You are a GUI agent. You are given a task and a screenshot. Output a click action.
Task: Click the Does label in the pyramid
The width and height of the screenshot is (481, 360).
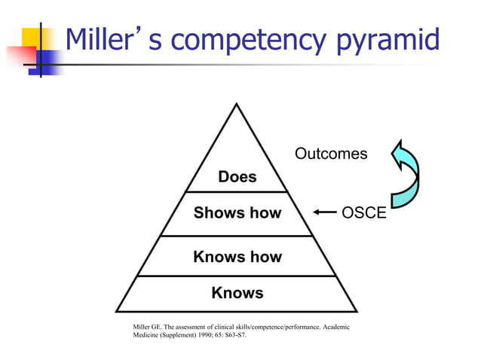click(x=237, y=177)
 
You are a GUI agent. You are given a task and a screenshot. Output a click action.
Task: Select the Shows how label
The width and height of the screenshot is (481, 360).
click(x=237, y=213)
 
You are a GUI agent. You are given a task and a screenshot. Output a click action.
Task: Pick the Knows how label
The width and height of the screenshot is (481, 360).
click(x=237, y=257)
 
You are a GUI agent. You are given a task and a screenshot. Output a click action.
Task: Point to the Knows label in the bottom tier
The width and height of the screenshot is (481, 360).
click(x=237, y=293)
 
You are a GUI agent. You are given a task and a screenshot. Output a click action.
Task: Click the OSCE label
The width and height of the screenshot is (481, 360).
click(x=364, y=213)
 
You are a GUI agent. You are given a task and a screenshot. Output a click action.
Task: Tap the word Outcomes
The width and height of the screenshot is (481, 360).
click(x=331, y=154)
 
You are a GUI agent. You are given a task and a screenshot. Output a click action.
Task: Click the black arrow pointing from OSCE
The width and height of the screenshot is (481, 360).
click(x=325, y=213)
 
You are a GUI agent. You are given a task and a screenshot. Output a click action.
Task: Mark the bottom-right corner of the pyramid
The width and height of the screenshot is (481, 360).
click(x=356, y=311)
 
